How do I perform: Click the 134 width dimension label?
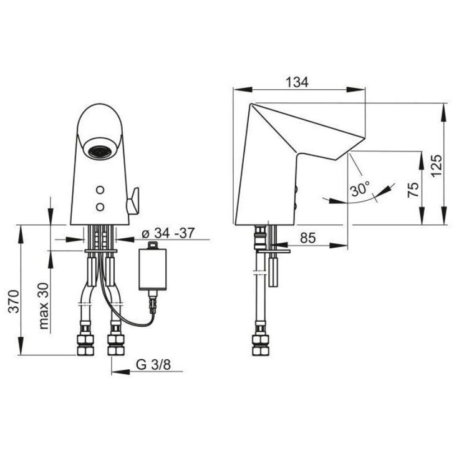pos(297,82)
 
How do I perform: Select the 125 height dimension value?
pos(437,166)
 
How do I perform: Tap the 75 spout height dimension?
pos(413,190)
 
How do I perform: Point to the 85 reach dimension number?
pos(307,238)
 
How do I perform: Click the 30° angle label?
pos(360,190)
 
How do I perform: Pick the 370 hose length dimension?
pos(14,301)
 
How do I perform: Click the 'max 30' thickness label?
pos(44,306)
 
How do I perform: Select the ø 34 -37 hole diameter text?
pos(168,233)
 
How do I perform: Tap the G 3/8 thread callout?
pos(153,365)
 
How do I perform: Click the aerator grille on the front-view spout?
pos(100,152)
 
